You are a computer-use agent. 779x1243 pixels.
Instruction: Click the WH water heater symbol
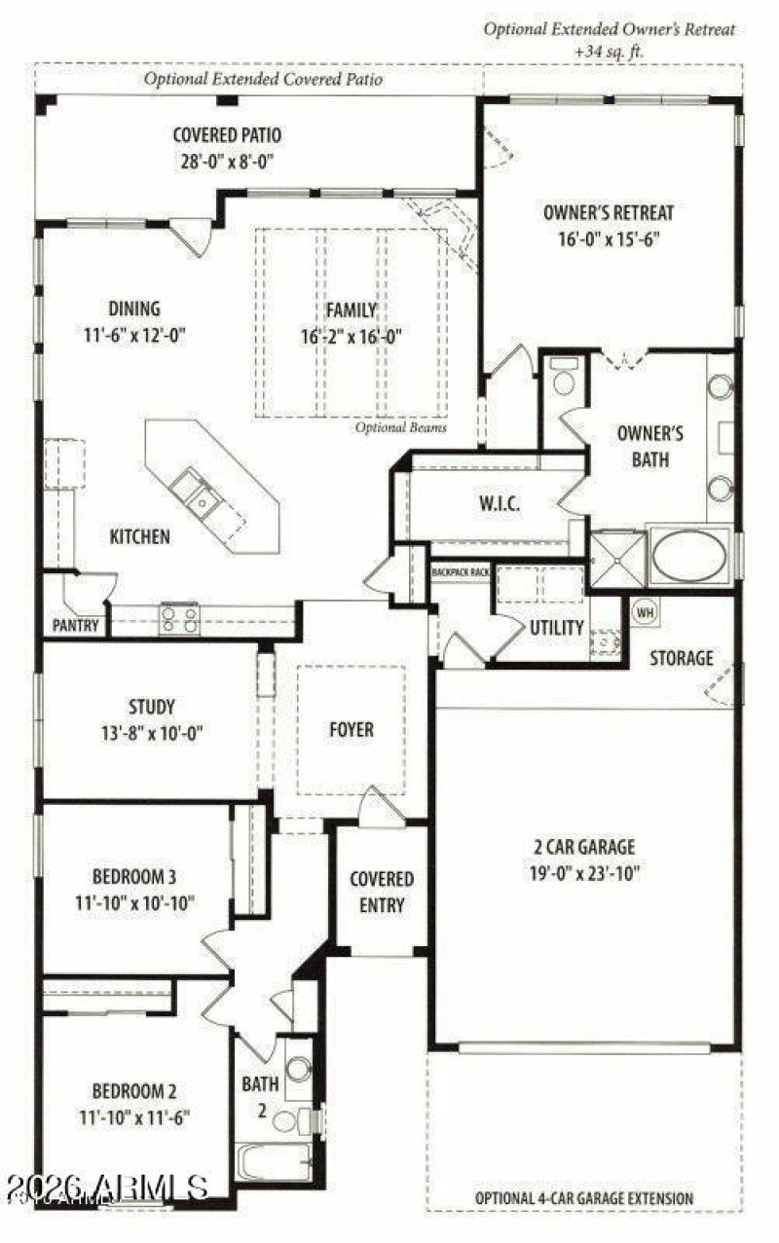pyautogui.click(x=644, y=612)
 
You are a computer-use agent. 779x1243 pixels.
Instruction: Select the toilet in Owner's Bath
pyautogui.click(x=564, y=380)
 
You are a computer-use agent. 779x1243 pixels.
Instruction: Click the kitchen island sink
pyautogui.click(x=196, y=491)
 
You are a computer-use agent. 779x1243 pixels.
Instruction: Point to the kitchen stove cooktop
pyautogui.click(x=179, y=619)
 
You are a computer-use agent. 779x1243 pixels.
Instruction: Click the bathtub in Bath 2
pyautogui.click(x=274, y=1162)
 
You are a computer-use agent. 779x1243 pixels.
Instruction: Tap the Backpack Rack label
pyautogui.click(x=461, y=572)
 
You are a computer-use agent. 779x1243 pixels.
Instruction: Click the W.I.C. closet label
pyautogui.click(x=499, y=504)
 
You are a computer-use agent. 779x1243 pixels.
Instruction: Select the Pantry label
pyautogui.click(x=75, y=626)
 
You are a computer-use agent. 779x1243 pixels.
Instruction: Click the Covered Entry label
pyautogui.click(x=382, y=892)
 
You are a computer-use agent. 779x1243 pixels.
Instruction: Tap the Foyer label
pyautogui.click(x=352, y=729)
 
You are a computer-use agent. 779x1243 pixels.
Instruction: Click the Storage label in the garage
pyautogui.click(x=682, y=658)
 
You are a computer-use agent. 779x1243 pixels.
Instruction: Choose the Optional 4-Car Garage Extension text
pyautogui.click(x=584, y=1198)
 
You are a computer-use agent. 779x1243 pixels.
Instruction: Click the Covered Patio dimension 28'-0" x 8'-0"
pyautogui.click(x=227, y=162)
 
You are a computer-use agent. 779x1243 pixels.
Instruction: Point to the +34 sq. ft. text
pyautogui.click(x=610, y=51)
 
